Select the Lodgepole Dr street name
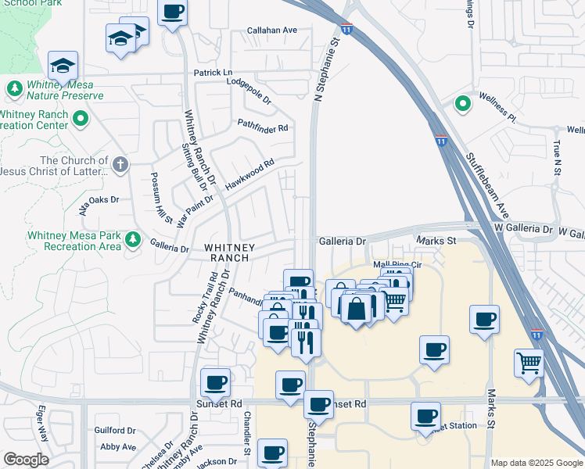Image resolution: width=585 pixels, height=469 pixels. [248, 91]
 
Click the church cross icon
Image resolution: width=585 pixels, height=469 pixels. [120, 164]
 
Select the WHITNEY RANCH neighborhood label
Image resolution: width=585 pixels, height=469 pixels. [227, 252]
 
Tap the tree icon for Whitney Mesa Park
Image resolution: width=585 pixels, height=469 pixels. [133, 238]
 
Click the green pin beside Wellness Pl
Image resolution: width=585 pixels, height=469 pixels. [462, 102]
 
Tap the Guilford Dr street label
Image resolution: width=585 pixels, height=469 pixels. [115, 430]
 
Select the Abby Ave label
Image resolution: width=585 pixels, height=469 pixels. [118, 447]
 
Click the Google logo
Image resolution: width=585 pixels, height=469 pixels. [26, 459]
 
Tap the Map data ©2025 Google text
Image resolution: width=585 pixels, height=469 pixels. [537, 463]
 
